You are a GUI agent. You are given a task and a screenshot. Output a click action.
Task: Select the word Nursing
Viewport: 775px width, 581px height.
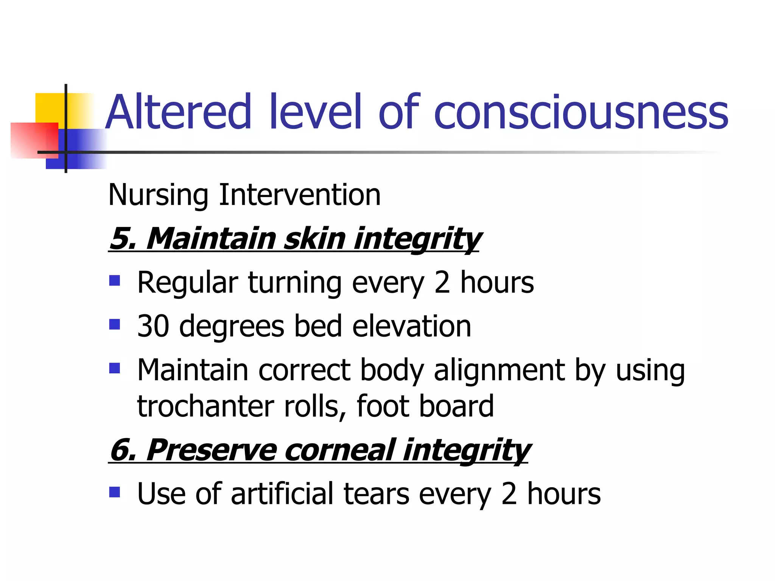tap(158, 195)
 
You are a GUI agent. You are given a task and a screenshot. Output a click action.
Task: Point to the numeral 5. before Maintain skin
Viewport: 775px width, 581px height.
tap(123, 239)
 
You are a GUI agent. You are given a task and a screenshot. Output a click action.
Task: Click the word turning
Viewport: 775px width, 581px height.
tap(295, 283)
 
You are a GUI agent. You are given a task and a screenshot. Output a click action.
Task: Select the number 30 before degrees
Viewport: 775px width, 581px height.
tap(153, 326)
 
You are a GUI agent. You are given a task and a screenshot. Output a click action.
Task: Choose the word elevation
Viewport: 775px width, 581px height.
tap(412, 326)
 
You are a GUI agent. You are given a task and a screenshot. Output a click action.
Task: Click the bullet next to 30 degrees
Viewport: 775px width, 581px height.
tap(114, 324)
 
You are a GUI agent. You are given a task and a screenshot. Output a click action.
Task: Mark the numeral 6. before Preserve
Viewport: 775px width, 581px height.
tap(123, 450)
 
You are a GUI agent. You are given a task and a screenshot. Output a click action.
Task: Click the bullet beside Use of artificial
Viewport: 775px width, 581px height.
tap(114, 492)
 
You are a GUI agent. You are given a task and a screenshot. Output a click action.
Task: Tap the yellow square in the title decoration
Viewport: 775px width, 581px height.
tap(49, 107)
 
